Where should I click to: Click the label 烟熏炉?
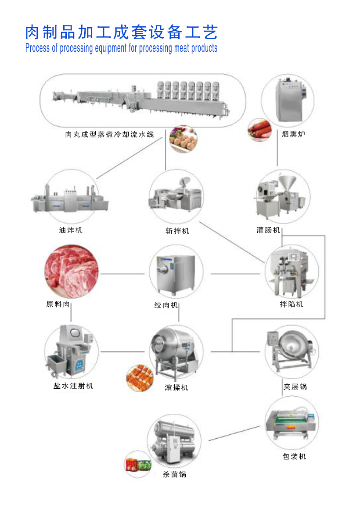click(293, 134)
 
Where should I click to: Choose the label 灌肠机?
click(268, 230)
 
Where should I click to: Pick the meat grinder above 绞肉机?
click(176, 274)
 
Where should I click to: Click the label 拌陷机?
click(292, 304)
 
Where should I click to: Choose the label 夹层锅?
click(295, 387)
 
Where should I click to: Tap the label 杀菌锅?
click(175, 474)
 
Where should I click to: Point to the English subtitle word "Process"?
click(38, 48)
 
